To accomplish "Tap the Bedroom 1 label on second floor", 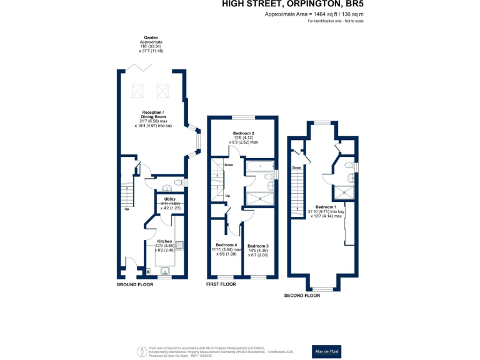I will pyautogui.click(x=326, y=207).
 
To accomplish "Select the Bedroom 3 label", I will pyautogui.click(x=257, y=246).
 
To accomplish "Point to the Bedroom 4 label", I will pyautogui.click(x=226, y=244).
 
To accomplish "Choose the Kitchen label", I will pyautogui.click(x=164, y=241).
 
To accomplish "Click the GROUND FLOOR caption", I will pyautogui.click(x=135, y=284).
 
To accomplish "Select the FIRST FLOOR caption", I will pyautogui.click(x=221, y=284).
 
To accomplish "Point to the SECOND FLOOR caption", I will pyautogui.click(x=302, y=296).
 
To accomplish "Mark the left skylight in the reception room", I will pyautogui.click(x=137, y=92).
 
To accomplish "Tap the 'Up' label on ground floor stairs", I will pyautogui.click(x=127, y=209).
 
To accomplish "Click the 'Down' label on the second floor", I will pyautogui.click(x=297, y=167).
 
